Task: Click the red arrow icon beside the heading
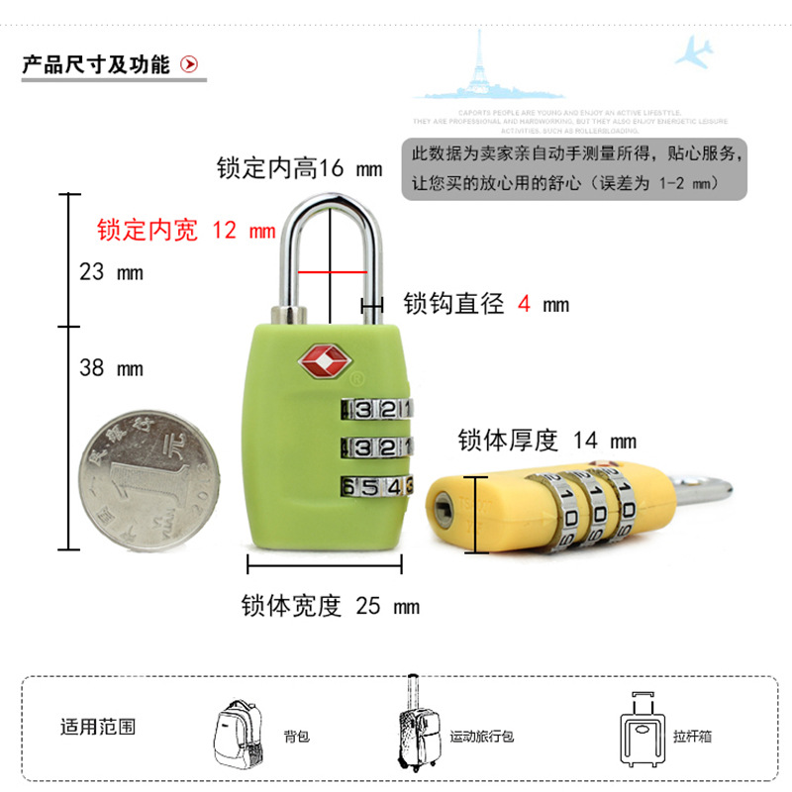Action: coord(189,65)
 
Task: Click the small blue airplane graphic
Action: coord(695,50)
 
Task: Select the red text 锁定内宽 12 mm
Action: coord(186,231)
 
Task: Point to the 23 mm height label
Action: coord(111,271)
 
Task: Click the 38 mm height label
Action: coord(111,368)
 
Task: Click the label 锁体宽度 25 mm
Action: coord(331,606)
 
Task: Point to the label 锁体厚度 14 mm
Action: coord(546,441)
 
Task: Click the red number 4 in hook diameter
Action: coord(524,304)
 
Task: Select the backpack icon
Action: coord(241,732)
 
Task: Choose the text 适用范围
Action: coord(98,727)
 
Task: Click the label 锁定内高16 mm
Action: coord(299,168)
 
